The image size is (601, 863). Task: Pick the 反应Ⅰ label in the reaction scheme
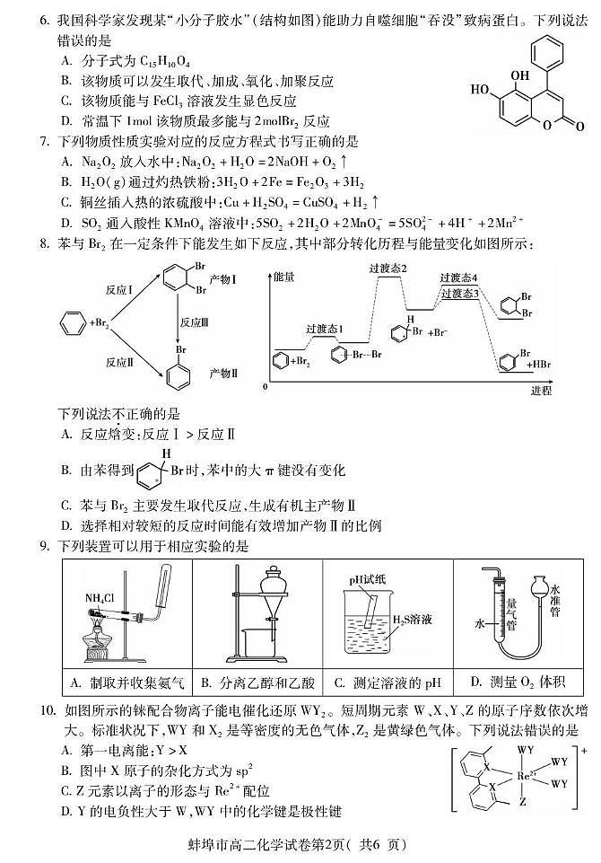(x=119, y=292)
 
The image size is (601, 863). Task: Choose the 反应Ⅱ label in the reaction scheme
(x=119, y=362)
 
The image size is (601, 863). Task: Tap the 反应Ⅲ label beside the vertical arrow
(x=194, y=322)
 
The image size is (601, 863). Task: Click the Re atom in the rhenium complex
(x=528, y=771)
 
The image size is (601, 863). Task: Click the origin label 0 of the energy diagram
(x=266, y=386)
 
